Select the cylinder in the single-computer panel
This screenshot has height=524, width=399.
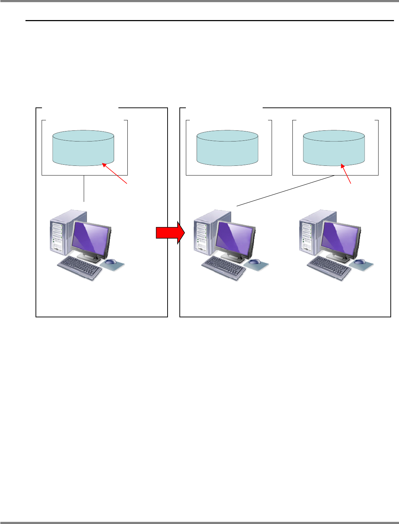(x=83, y=148)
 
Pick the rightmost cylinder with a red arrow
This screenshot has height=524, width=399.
(x=334, y=148)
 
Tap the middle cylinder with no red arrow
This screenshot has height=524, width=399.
(x=227, y=148)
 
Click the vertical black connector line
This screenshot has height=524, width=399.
(x=84, y=189)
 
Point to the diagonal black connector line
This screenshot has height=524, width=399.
(x=286, y=191)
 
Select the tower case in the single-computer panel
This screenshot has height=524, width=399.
(x=61, y=233)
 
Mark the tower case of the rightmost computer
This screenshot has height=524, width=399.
(x=311, y=233)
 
